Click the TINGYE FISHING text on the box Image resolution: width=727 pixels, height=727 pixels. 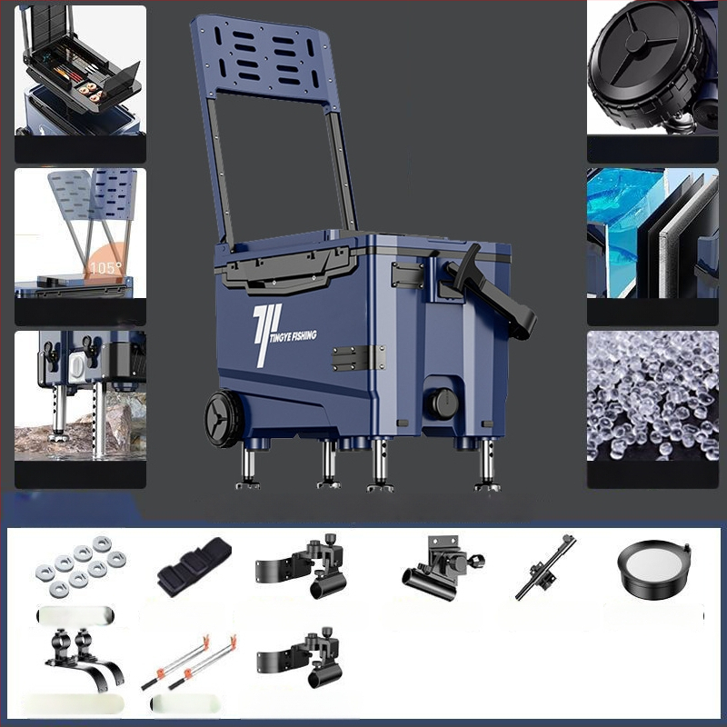(293, 335)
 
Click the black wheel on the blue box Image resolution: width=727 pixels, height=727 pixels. (224, 419)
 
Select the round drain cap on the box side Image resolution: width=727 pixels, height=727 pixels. (443, 403)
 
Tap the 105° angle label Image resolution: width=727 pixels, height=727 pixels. (106, 268)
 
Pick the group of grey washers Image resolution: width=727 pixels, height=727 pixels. (81, 565)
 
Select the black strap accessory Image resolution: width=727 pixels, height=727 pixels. (194, 566)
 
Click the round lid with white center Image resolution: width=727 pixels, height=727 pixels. (654, 570)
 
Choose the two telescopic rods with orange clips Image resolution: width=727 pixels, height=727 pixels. (188, 662)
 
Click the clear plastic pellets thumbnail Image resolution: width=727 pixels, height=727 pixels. (652, 395)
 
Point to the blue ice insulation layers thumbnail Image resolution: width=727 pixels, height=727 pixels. (652, 233)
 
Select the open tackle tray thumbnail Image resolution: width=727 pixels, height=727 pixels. (80, 70)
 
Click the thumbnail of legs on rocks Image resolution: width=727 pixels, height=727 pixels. (80, 395)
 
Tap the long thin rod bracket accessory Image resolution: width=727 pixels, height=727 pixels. (546, 567)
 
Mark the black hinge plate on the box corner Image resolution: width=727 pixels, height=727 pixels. (358, 358)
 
